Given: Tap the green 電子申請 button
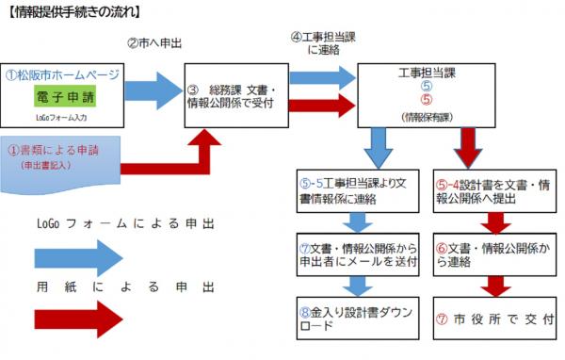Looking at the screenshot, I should pyautogui.click(x=68, y=97).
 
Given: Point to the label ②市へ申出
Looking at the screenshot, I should pyautogui.click(x=155, y=43).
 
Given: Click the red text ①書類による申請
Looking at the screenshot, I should pyautogui.click(x=55, y=149).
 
